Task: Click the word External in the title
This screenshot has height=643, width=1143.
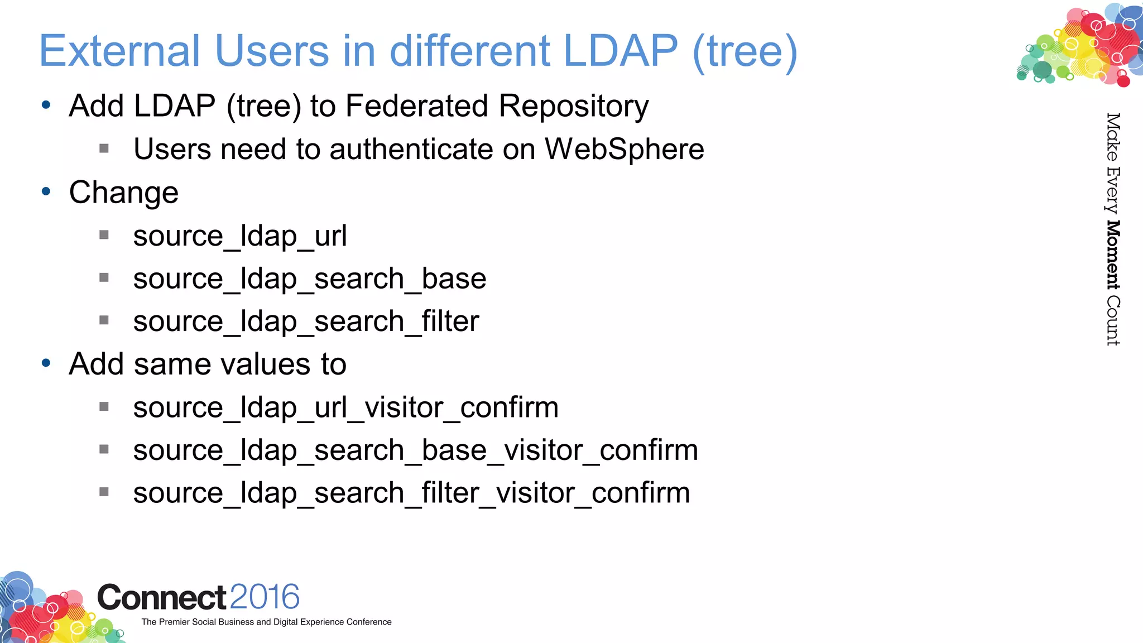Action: tap(119, 51)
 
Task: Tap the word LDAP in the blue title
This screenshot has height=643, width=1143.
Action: tap(620, 51)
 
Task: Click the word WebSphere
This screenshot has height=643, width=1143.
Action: tap(624, 149)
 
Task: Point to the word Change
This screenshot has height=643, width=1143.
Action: tap(123, 193)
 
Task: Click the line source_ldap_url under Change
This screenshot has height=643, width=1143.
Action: tap(240, 236)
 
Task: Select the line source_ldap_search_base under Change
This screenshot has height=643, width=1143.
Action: tap(309, 279)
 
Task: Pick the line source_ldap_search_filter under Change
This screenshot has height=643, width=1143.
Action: tap(306, 321)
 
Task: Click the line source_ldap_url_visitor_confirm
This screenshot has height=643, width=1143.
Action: tap(345, 407)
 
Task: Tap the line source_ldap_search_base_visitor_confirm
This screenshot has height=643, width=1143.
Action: tap(415, 450)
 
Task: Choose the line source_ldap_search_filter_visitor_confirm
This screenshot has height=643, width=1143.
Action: tap(411, 493)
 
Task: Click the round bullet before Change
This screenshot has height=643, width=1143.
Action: tap(46, 191)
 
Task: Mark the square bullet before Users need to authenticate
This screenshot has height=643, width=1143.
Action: tap(104, 148)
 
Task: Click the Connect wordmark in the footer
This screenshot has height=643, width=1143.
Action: tap(162, 598)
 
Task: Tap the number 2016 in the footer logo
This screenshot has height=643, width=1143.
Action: tap(264, 597)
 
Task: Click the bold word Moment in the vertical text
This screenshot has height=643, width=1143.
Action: tap(1113, 255)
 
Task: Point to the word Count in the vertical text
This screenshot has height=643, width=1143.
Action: tap(1113, 320)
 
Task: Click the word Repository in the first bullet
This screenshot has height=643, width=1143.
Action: tap(574, 105)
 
